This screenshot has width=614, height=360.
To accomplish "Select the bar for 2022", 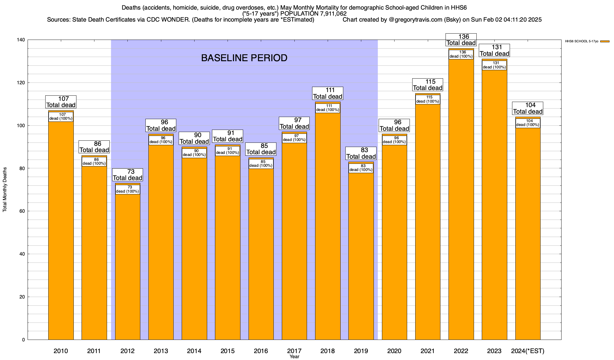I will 461,198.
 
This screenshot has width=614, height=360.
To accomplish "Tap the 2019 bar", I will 361,255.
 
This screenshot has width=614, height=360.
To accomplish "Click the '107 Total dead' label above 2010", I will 61,102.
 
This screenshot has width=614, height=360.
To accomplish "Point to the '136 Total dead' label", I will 461,40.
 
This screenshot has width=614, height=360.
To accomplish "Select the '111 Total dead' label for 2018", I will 328,93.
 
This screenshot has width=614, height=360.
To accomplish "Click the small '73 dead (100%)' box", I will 128,189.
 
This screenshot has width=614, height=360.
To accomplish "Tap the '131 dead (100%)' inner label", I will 494,65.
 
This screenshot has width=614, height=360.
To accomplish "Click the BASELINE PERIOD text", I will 244,58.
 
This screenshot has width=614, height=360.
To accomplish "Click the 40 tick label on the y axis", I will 22,254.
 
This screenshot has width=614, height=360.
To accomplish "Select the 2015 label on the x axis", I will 228,351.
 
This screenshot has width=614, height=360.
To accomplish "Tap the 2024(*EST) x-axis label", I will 528,351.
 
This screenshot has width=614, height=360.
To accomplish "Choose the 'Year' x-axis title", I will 294,357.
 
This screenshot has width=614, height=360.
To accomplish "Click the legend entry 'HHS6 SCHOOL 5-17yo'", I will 582,41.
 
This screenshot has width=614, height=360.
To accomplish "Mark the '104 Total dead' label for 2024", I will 528,108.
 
